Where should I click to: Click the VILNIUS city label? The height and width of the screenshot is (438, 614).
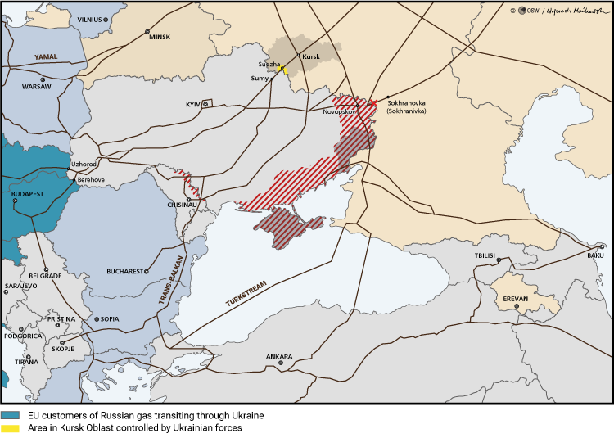(x=90, y=19)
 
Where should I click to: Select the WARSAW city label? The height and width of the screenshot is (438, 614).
(x=36, y=86)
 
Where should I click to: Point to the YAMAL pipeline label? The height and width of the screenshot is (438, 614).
(x=46, y=57)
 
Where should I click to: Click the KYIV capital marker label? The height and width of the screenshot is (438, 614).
(x=193, y=105)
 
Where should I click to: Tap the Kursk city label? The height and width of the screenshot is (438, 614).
(x=311, y=57)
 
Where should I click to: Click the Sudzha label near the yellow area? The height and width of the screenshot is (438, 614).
(x=269, y=63)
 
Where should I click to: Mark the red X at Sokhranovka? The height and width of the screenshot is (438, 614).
(x=373, y=102)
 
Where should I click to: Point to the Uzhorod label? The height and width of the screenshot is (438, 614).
(x=84, y=164)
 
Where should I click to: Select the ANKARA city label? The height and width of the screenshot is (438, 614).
(x=278, y=357)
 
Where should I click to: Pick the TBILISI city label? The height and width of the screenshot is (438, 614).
(x=485, y=256)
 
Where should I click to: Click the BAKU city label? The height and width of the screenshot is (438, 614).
(x=594, y=255)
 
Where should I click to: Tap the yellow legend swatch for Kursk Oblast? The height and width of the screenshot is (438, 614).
(x=10, y=427)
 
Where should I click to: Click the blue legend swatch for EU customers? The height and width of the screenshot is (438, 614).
(x=10, y=416)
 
